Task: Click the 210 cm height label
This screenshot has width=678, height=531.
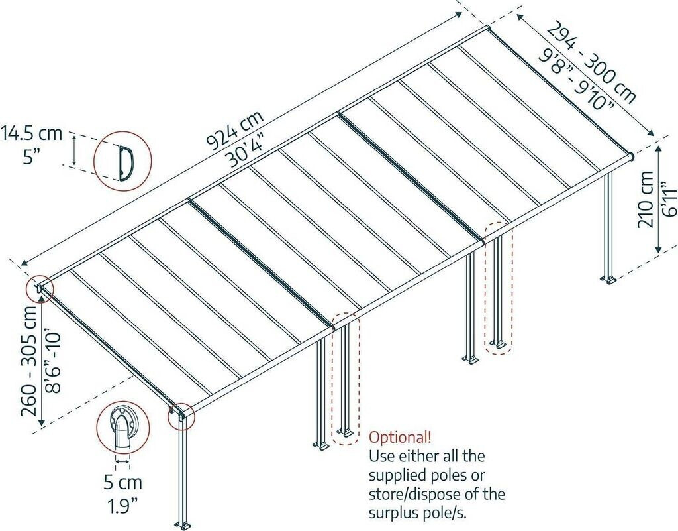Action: (647, 199)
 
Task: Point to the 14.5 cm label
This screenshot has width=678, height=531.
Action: (32, 133)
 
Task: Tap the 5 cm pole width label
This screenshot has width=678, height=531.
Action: (123, 481)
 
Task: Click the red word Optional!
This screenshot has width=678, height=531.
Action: (400, 437)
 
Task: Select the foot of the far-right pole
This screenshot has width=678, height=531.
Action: (609, 281)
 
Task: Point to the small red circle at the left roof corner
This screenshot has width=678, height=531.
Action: (38, 288)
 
